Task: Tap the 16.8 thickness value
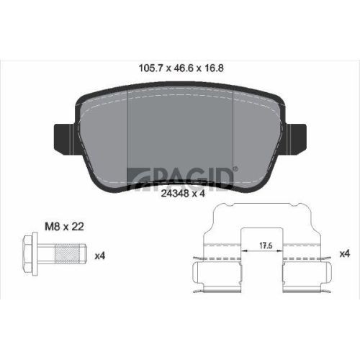(x=214, y=68)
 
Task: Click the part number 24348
(x=175, y=194)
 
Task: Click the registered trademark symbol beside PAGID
(x=236, y=169)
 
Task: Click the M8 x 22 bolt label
(x=64, y=227)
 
